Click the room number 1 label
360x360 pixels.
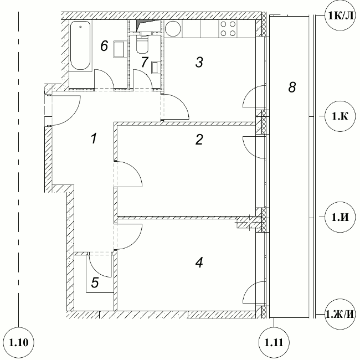[x=94, y=138]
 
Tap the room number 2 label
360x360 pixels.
[x=199, y=140]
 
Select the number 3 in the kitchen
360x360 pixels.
[x=199, y=62]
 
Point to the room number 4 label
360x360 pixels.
[x=199, y=263]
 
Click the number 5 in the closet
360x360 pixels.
[x=95, y=282]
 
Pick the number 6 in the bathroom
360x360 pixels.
[x=104, y=45]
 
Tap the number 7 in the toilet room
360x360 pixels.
[x=145, y=62]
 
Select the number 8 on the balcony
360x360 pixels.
[x=292, y=88]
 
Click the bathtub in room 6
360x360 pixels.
[x=80, y=45]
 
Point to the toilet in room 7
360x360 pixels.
[x=142, y=44]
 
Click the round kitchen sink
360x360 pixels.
[x=173, y=29]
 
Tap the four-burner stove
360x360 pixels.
[x=228, y=28]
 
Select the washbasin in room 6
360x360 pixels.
[x=120, y=49]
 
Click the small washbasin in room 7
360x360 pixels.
[x=156, y=68]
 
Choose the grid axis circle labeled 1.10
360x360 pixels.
[x=19, y=342]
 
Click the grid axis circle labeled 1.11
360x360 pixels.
[x=274, y=342]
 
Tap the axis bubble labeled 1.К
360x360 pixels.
[x=340, y=116]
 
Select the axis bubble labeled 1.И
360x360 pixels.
[x=340, y=217]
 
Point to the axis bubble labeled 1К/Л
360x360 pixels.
[x=340, y=16]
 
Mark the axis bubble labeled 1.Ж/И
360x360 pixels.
[x=340, y=314]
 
